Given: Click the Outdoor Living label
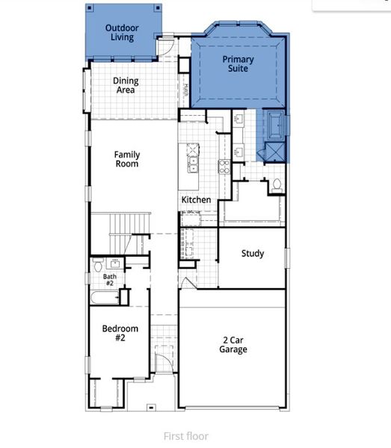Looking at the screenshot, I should click(120, 32).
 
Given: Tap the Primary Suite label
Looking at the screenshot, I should click(238, 63).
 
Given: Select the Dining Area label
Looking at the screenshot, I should click(125, 85).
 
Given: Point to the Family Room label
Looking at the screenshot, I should click(126, 159).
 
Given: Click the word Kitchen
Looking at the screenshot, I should click(196, 200).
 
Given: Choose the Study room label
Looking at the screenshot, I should click(252, 253).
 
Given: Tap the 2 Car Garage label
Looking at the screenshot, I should click(233, 344).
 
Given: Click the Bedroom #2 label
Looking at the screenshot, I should click(120, 333).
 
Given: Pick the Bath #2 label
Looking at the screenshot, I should click(108, 279).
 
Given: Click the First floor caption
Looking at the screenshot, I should click(185, 436).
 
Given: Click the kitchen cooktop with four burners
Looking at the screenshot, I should click(223, 166).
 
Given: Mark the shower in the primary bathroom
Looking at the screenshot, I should click(272, 152).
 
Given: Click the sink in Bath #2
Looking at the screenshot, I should click(116, 263).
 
